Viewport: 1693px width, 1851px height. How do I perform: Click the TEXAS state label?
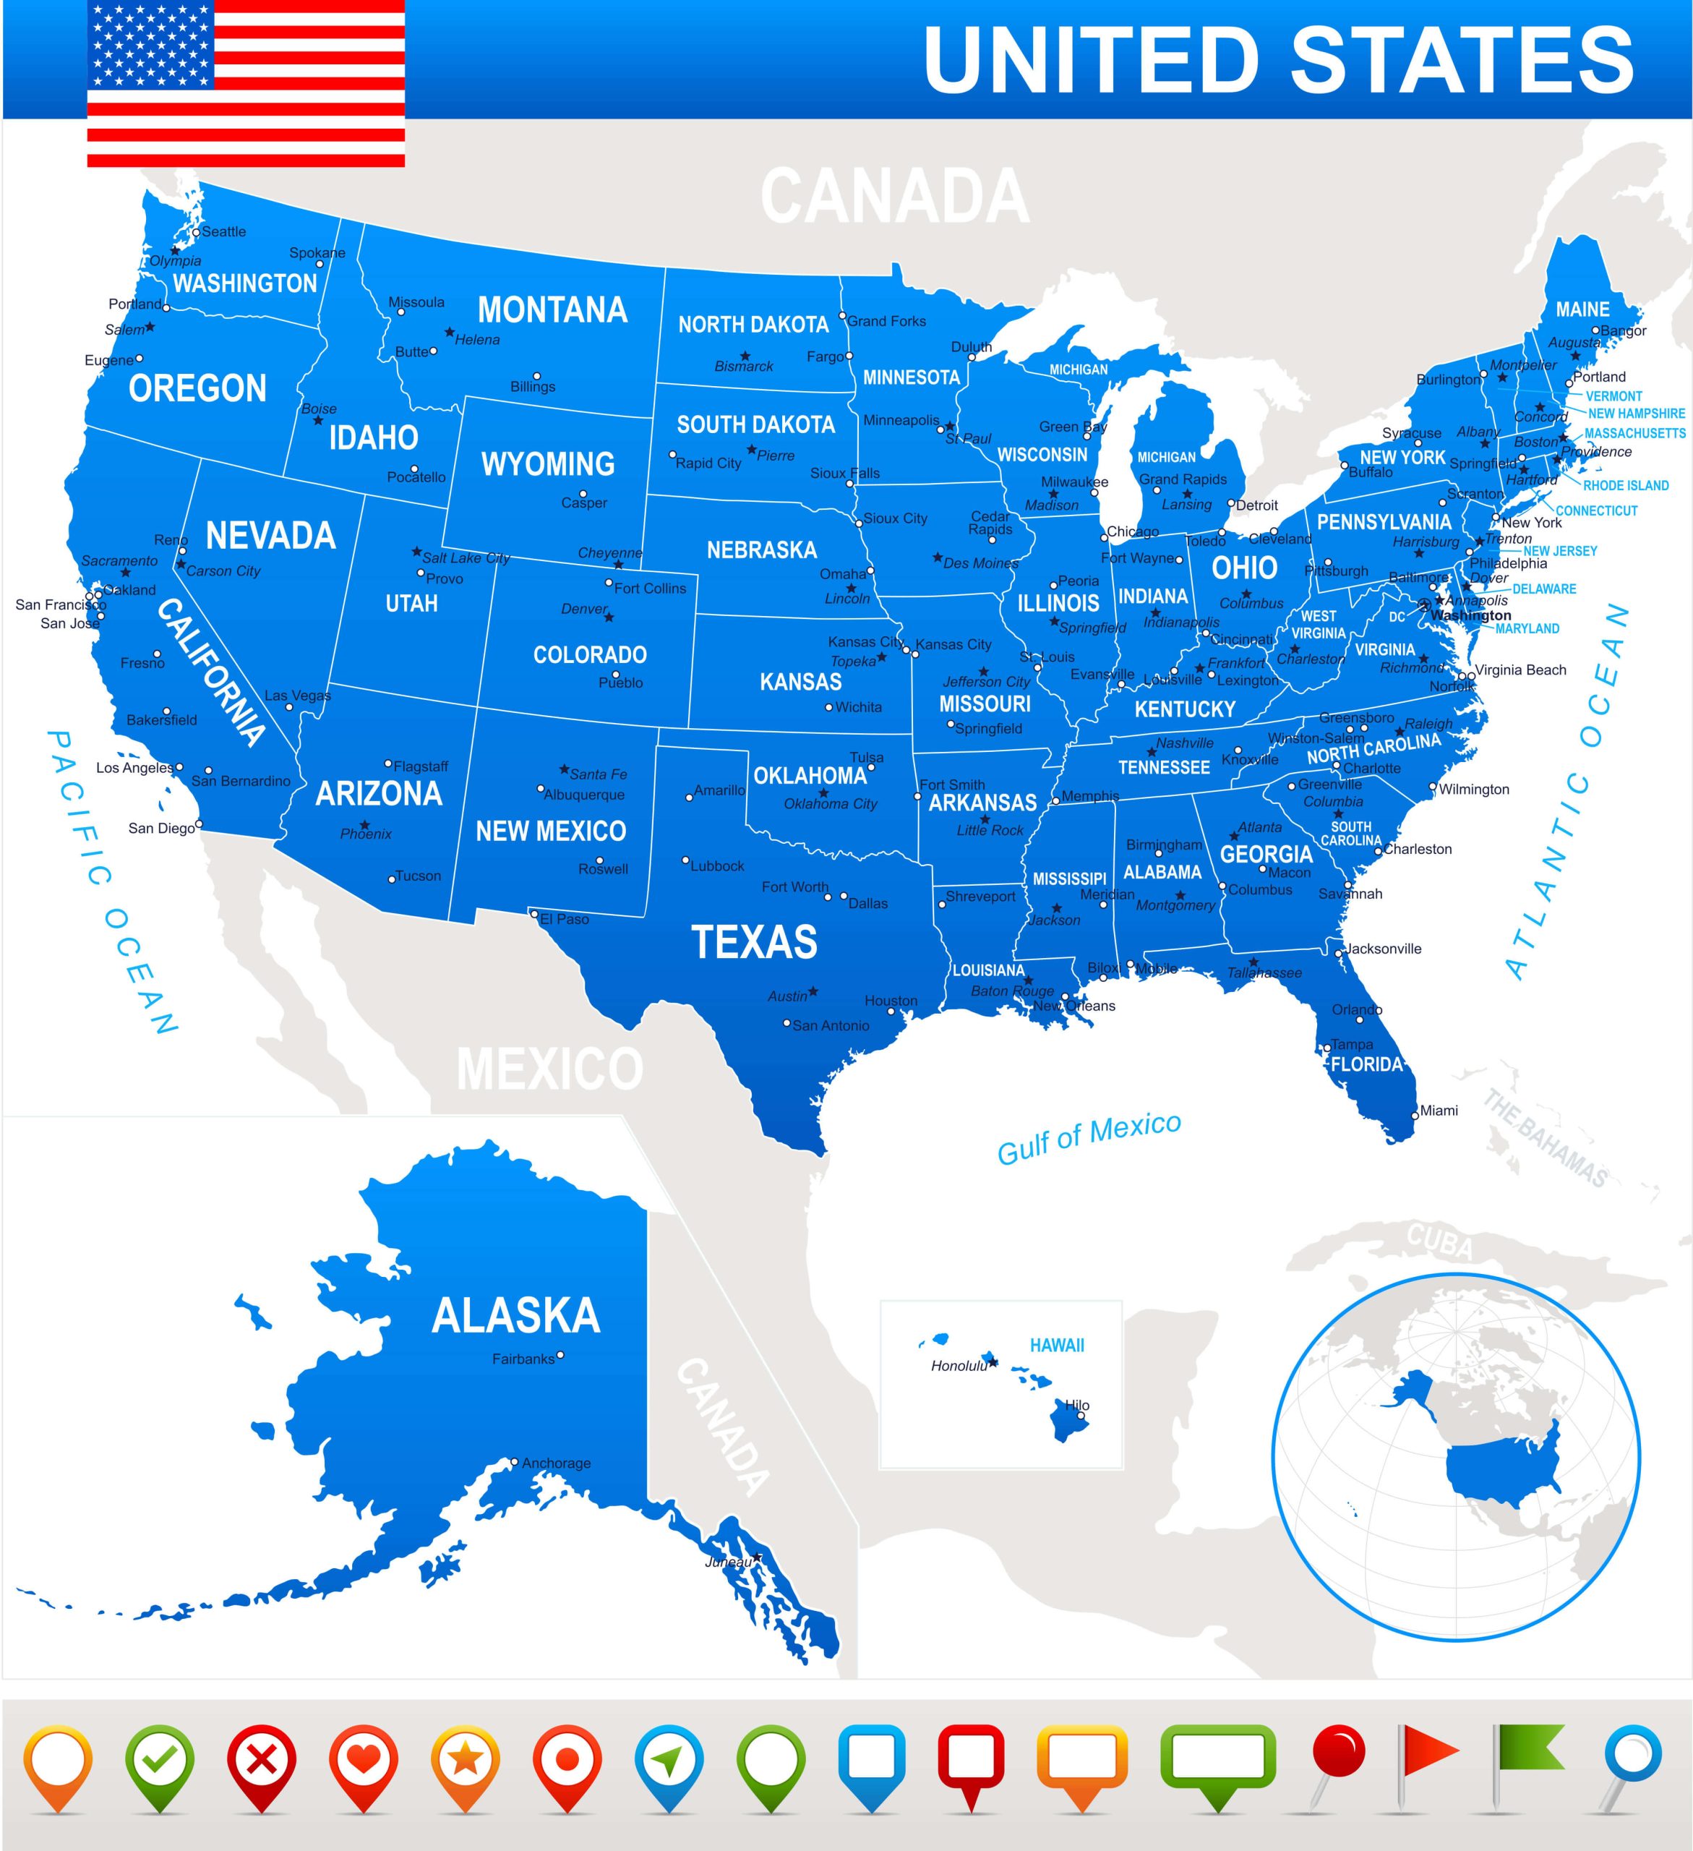[754, 943]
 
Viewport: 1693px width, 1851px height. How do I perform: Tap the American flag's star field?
[152, 44]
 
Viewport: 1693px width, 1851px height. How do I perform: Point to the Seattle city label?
[223, 232]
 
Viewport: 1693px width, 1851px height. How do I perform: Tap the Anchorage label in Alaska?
[557, 1463]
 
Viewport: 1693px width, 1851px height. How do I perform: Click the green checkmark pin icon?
[160, 1761]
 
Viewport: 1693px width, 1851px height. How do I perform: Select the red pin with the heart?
[364, 1761]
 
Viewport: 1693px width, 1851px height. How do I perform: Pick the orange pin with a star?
[466, 1761]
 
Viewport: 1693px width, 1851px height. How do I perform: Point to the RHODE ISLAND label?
[1626, 486]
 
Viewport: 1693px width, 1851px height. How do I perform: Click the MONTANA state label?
[553, 310]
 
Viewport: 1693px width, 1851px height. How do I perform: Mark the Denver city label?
[584, 610]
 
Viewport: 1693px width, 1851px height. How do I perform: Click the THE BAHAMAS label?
[1546, 1140]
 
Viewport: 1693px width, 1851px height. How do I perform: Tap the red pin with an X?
[262, 1761]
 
